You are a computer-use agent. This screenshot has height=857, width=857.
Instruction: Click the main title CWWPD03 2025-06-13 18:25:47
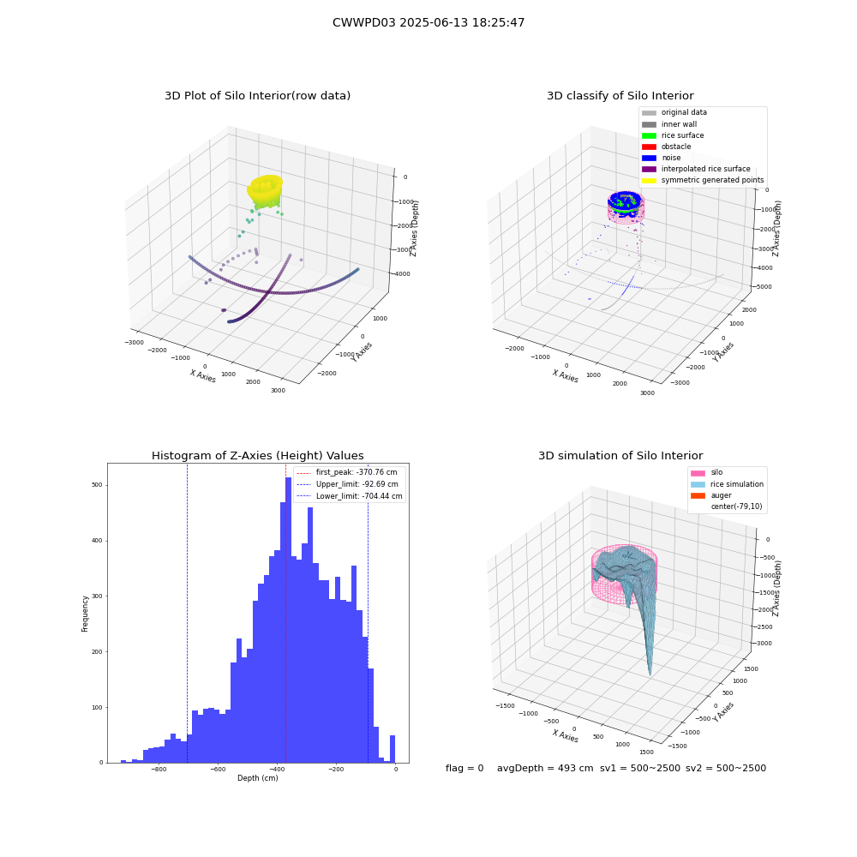[428, 23]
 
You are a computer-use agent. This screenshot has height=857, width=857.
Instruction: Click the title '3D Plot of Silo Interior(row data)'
[257, 96]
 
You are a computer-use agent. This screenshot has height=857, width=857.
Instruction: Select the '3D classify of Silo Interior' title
[620, 96]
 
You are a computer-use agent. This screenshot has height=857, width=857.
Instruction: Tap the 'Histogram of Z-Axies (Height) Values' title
[257, 456]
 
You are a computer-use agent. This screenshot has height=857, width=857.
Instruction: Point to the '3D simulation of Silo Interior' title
[620, 456]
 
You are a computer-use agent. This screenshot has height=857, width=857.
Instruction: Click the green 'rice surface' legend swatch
[649, 135]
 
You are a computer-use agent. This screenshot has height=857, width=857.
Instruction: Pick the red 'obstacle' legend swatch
[649, 147]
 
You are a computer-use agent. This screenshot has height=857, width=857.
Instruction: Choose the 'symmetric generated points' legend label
[713, 180]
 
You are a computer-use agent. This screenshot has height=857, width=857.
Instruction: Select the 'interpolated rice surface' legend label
[705, 169]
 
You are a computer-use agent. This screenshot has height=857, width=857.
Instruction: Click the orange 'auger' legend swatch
[698, 495]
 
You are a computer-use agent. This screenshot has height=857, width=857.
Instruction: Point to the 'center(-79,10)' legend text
[736, 506]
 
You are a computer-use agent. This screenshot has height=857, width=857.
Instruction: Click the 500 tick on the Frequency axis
[98, 485]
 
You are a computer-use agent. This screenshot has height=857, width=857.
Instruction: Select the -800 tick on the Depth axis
[159, 770]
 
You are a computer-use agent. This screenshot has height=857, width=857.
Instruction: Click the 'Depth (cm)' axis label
[257, 778]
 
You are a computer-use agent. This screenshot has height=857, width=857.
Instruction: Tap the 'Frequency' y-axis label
[85, 614]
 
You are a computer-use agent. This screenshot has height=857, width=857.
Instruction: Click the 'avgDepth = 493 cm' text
[545, 769]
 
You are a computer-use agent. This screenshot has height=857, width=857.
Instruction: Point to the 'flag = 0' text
[464, 769]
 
